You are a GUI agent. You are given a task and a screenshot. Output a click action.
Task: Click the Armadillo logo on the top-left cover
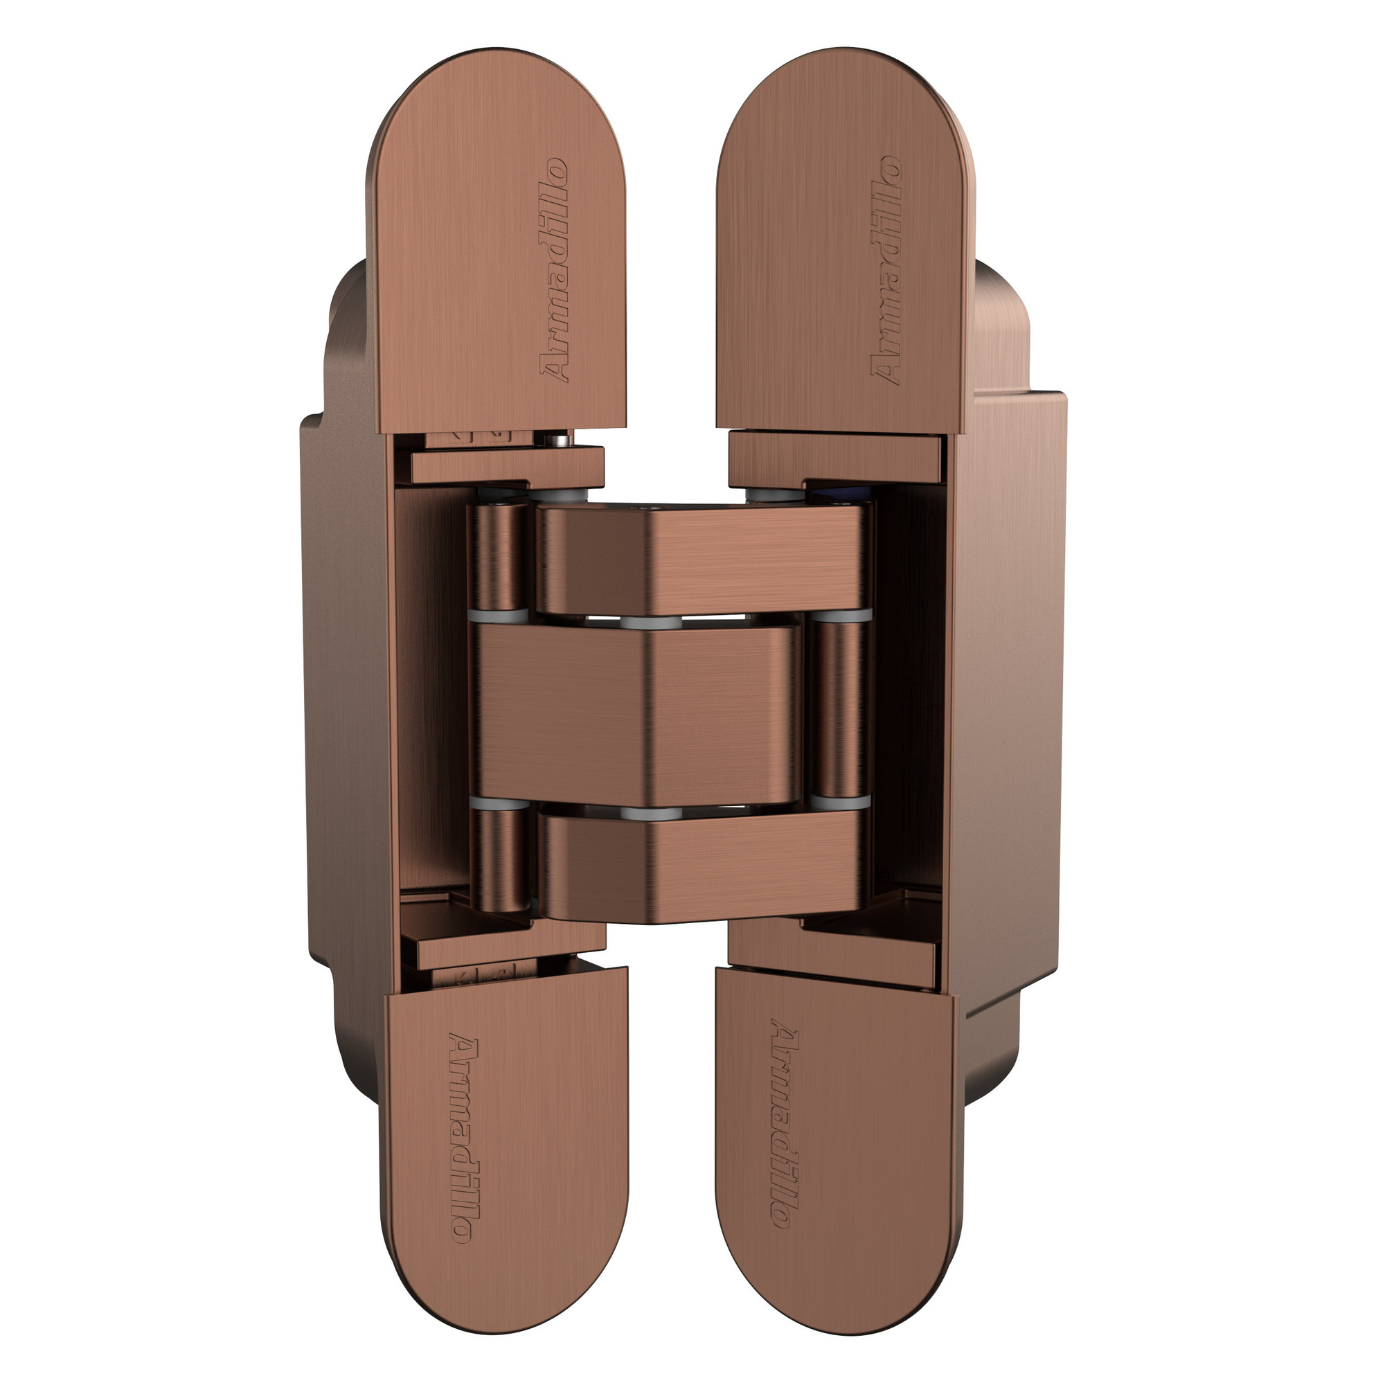(553, 270)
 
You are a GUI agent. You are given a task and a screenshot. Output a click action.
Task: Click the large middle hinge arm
(638, 713)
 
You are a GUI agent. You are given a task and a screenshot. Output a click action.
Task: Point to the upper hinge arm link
(702, 559)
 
